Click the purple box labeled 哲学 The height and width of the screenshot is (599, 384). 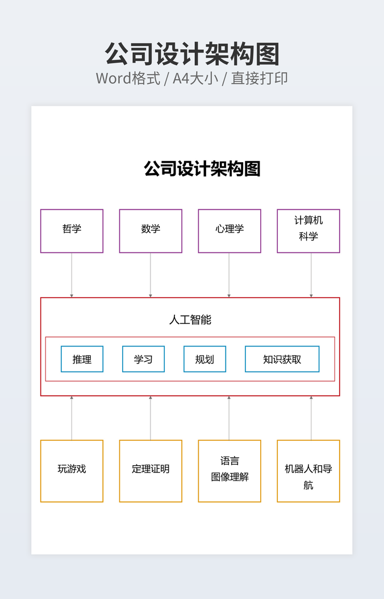(72, 231)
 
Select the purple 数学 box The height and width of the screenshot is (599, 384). (151, 231)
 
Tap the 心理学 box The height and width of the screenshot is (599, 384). (229, 231)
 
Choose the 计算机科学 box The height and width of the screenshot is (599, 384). (308, 231)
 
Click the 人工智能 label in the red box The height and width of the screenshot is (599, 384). (190, 320)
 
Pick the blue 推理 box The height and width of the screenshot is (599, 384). (82, 359)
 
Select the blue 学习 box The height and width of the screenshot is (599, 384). (143, 359)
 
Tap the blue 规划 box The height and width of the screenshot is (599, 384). (204, 359)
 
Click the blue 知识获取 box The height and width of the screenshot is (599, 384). (282, 359)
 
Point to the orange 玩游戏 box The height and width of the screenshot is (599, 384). (72, 471)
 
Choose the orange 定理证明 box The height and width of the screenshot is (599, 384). (151, 471)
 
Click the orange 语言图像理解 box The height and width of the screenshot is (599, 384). (229, 471)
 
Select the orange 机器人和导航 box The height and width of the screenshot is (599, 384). (308, 471)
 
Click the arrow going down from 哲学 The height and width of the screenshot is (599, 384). (72, 275)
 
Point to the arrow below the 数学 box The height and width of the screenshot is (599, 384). (151, 275)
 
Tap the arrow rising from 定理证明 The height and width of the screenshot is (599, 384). (151, 418)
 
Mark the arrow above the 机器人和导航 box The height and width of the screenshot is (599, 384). (311, 418)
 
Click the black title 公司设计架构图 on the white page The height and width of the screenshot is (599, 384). (202, 169)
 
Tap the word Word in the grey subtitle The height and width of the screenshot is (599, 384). (113, 78)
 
